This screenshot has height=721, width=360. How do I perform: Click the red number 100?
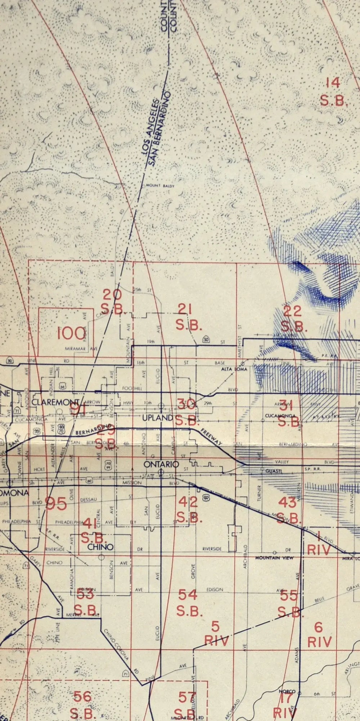(x=71, y=333)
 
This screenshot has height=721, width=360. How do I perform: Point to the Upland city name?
(x=157, y=418)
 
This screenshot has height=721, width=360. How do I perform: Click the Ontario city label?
(x=161, y=464)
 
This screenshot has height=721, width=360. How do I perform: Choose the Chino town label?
(x=100, y=547)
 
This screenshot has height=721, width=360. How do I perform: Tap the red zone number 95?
(x=56, y=504)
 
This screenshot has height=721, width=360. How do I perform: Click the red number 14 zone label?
(x=333, y=83)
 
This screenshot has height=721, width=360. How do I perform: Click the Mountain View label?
(x=274, y=558)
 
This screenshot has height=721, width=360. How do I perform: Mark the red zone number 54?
(x=188, y=595)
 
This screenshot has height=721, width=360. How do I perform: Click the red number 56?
(x=82, y=696)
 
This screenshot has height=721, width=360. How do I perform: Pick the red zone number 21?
(x=185, y=309)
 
